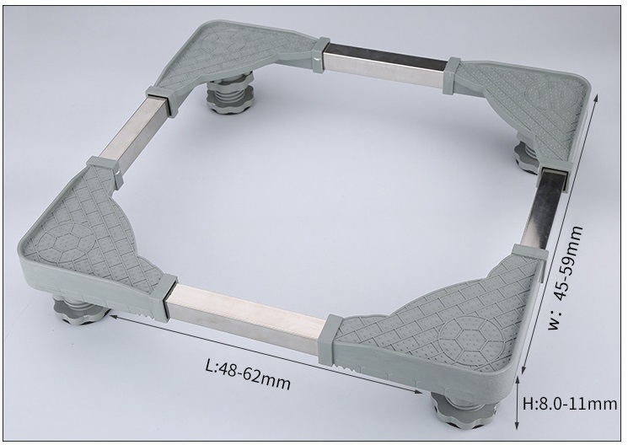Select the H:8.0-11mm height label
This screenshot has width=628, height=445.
pos(570,404)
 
